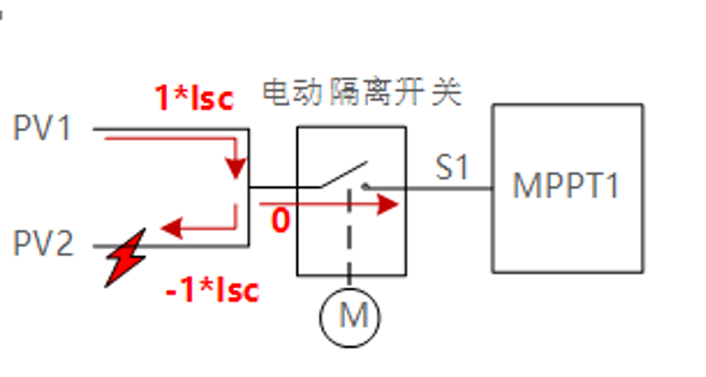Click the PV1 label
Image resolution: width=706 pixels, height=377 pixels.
(43, 129)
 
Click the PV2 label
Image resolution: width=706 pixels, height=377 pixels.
(43, 245)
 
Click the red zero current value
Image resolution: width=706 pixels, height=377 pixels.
(280, 221)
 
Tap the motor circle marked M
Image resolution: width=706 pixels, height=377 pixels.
(350, 316)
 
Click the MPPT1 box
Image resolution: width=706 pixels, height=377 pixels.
(567, 187)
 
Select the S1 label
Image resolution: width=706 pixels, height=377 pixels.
(453, 166)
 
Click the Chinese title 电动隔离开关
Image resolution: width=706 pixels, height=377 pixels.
(362, 93)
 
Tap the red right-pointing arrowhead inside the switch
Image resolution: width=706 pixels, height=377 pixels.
(389, 205)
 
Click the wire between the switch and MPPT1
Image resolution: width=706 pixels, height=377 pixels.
(449, 187)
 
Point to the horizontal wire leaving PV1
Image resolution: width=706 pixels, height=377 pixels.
(170, 129)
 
